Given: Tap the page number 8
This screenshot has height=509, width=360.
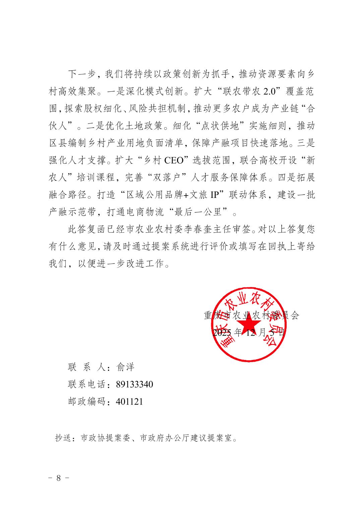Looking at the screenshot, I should (59, 478).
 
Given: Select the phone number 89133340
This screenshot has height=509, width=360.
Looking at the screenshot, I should (134, 384).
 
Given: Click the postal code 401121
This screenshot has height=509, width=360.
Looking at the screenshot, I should (129, 401).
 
